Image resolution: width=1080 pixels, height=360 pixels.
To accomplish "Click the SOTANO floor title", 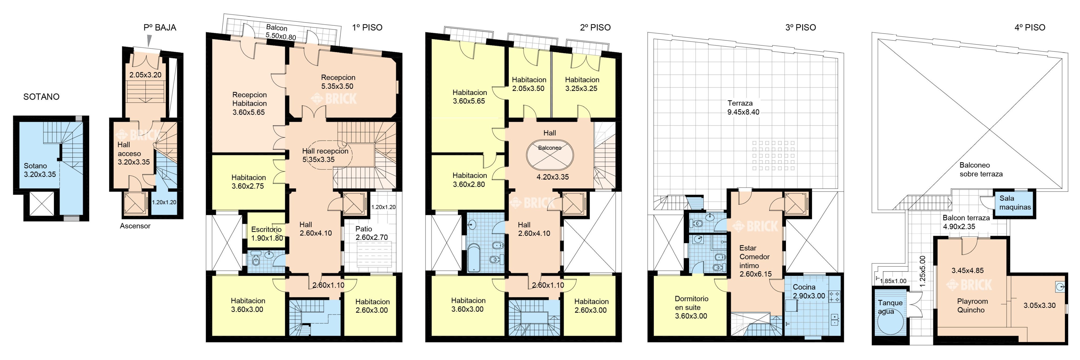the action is pos(41,97).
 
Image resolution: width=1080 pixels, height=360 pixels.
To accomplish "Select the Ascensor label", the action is pos(135,226).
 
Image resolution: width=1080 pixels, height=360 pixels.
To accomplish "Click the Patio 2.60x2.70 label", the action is pos(372,233).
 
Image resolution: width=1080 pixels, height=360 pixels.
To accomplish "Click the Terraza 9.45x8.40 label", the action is pos(743,107).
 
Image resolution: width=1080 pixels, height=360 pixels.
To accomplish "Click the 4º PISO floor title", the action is pos(1030,28).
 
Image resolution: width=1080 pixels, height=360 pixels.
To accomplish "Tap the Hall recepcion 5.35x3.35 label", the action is pos(325,155).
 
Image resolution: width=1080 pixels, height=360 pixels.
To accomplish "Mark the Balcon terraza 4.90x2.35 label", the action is pos(966,222).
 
